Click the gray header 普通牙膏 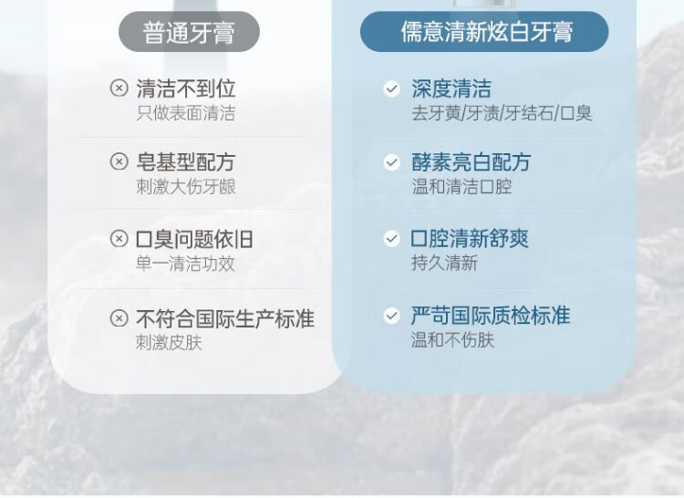(189, 32)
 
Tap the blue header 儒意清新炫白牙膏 (484, 32)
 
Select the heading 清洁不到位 (186, 88)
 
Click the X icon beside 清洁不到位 (119, 88)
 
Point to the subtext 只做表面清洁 (186, 113)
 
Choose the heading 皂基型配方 (186, 161)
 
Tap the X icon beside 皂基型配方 (119, 161)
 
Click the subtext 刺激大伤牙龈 (186, 187)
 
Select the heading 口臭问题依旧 (194, 239)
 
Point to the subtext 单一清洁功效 (186, 264)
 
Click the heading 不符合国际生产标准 (225, 318)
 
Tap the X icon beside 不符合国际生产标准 (119, 318)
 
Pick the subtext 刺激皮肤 (169, 342)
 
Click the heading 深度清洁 (451, 88)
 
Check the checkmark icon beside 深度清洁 (392, 88)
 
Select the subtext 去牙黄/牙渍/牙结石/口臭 (502, 113)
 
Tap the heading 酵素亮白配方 (472, 161)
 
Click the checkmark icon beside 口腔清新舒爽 (392, 239)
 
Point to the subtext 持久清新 (444, 263)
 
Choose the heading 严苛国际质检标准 (491, 316)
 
